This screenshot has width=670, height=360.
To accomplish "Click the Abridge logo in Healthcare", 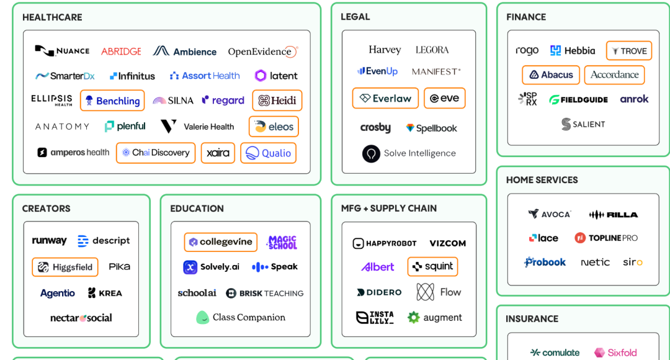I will point(121,52).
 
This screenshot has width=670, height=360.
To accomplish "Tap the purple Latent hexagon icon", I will point(261,76).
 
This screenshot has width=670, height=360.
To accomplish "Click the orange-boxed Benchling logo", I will point(112,101).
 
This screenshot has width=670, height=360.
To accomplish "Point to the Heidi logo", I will point(277,101).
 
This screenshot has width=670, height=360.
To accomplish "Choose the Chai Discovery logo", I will point(156,153).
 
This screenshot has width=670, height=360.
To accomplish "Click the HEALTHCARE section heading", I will point(52,17).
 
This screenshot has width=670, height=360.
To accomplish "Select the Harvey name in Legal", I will point(385,50).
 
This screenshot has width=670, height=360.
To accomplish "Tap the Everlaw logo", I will point(385,98).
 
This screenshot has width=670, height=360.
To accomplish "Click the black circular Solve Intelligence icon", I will point(371,153).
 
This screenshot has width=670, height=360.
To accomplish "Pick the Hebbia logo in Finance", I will point(573,51).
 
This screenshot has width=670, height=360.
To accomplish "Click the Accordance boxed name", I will point(614,74).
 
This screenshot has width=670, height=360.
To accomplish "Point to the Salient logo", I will point(583,124).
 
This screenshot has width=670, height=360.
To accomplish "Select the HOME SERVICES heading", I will point(542,180).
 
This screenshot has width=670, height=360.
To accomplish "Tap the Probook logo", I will point(545,262).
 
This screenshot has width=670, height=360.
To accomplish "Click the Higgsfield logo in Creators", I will point(65,267).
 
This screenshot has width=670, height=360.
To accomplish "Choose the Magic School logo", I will point(282,242).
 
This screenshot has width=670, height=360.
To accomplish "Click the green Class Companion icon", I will point(202,317).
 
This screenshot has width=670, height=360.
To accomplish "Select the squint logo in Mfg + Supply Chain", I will point(432,266).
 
